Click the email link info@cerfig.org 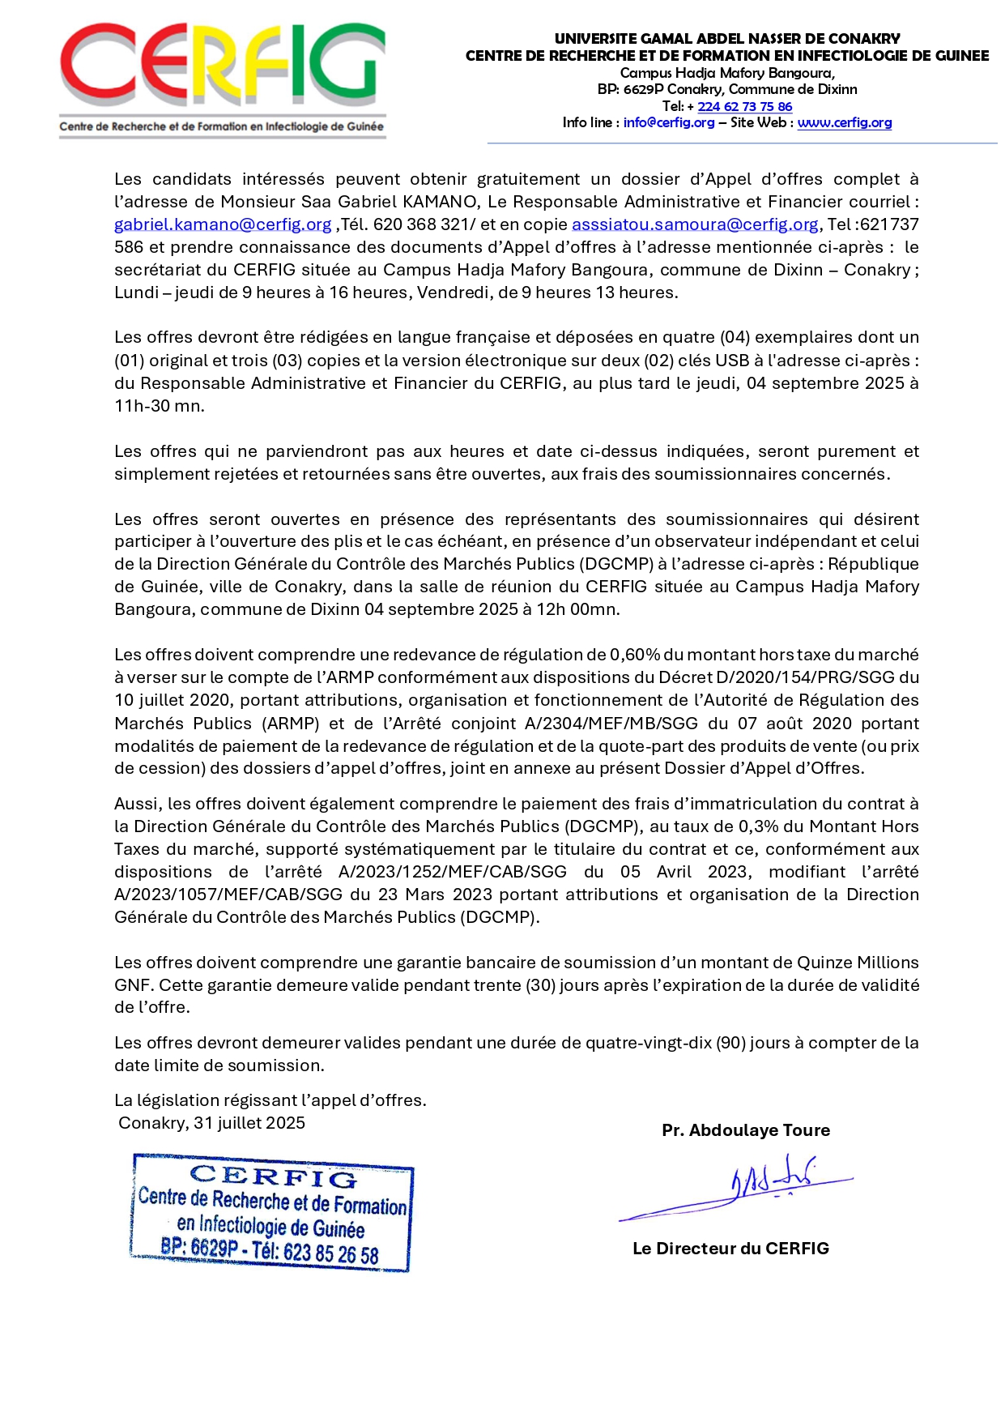[668, 123]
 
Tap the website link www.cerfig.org [844, 123]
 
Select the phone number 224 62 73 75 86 [744, 106]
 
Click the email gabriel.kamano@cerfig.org [223, 224]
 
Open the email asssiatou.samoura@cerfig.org [695, 224]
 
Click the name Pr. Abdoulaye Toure [745, 1130]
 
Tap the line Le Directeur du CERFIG [730, 1249]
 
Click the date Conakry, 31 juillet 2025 [211, 1123]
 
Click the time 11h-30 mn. [159, 406]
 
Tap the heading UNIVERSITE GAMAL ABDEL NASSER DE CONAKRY [726, 38]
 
